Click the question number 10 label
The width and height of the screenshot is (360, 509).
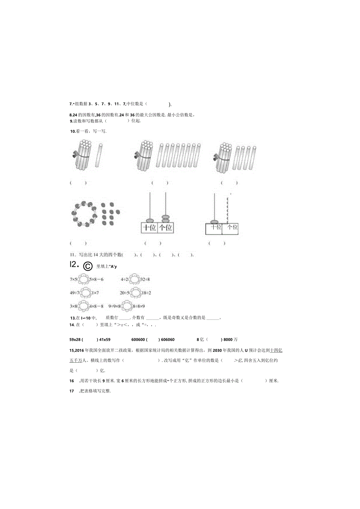pyautogui.click(x=72, y=131)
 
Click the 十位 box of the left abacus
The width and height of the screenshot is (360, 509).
pyautogui.click(x=149, y=228)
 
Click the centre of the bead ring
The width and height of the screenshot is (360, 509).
pyautogui.click(x=84, y=214)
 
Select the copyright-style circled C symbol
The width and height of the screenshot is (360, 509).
pyautogui.click(x=87, y=266)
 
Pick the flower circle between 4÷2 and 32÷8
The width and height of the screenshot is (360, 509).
pyautogui.click(x=135, y=279)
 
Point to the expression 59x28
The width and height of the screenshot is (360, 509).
pyautogui.click(x=75, y=340)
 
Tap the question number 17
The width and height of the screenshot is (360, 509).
pyautogui.click(x=72, y=391)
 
